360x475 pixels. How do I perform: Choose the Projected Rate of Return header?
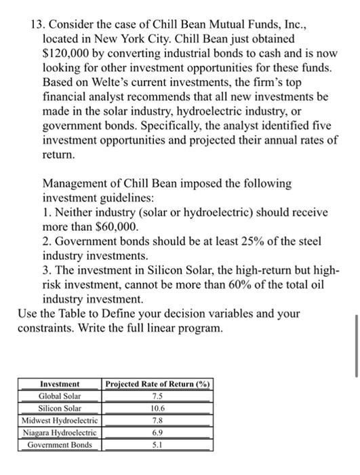(x=157, y=383)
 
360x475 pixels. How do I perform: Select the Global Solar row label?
(x=60, y=396)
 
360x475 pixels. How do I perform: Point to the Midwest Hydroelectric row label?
(x=60, y=420)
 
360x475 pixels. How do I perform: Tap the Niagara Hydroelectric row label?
(x=60, y=432)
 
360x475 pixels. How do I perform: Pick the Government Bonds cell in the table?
(x=60, y=444)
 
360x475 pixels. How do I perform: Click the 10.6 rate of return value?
(x=157, y=408)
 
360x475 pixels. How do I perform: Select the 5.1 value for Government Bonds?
(x=157, y=444)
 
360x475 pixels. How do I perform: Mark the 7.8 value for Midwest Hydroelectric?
(x=157, y=420)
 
